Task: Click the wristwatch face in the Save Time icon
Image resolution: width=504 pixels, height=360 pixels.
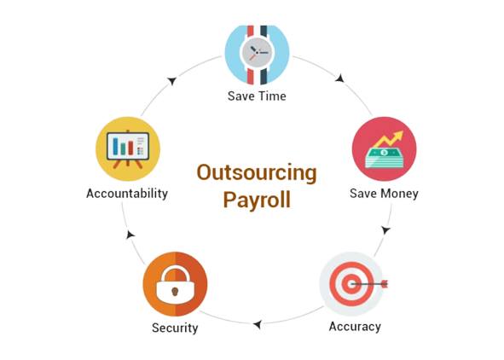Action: (257, 52)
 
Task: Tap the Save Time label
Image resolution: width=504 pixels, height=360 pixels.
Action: (257, 96)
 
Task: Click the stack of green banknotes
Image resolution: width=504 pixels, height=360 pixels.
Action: (384, 158)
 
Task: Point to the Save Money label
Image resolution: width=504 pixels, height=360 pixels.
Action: (384, 194)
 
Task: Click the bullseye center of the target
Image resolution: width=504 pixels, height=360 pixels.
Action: (351, 284)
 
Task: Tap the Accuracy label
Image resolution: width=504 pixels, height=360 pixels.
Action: (355, 327)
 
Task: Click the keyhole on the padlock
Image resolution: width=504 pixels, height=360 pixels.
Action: (175, 292)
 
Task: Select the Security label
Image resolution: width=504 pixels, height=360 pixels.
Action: (175, 328)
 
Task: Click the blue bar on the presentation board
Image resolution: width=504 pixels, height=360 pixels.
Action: (116, 146)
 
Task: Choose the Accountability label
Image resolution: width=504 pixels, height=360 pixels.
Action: (127, 194)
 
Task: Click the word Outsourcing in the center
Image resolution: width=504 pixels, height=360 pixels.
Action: (257, 173)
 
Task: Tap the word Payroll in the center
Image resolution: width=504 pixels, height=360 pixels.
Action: (257, 200)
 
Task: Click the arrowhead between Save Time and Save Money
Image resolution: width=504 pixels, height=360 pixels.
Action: (340, 78)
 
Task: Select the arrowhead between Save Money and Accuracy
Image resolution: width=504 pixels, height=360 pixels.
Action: (385, 230)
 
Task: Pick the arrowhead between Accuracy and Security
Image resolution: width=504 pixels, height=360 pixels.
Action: (258, 324)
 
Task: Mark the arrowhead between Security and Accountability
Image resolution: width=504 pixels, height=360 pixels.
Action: (130, 235)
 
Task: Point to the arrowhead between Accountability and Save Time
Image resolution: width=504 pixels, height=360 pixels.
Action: (172, 81)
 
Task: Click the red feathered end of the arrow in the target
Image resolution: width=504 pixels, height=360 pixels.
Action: (384, 284)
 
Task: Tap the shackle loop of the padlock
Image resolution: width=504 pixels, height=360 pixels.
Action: (175, 270)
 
